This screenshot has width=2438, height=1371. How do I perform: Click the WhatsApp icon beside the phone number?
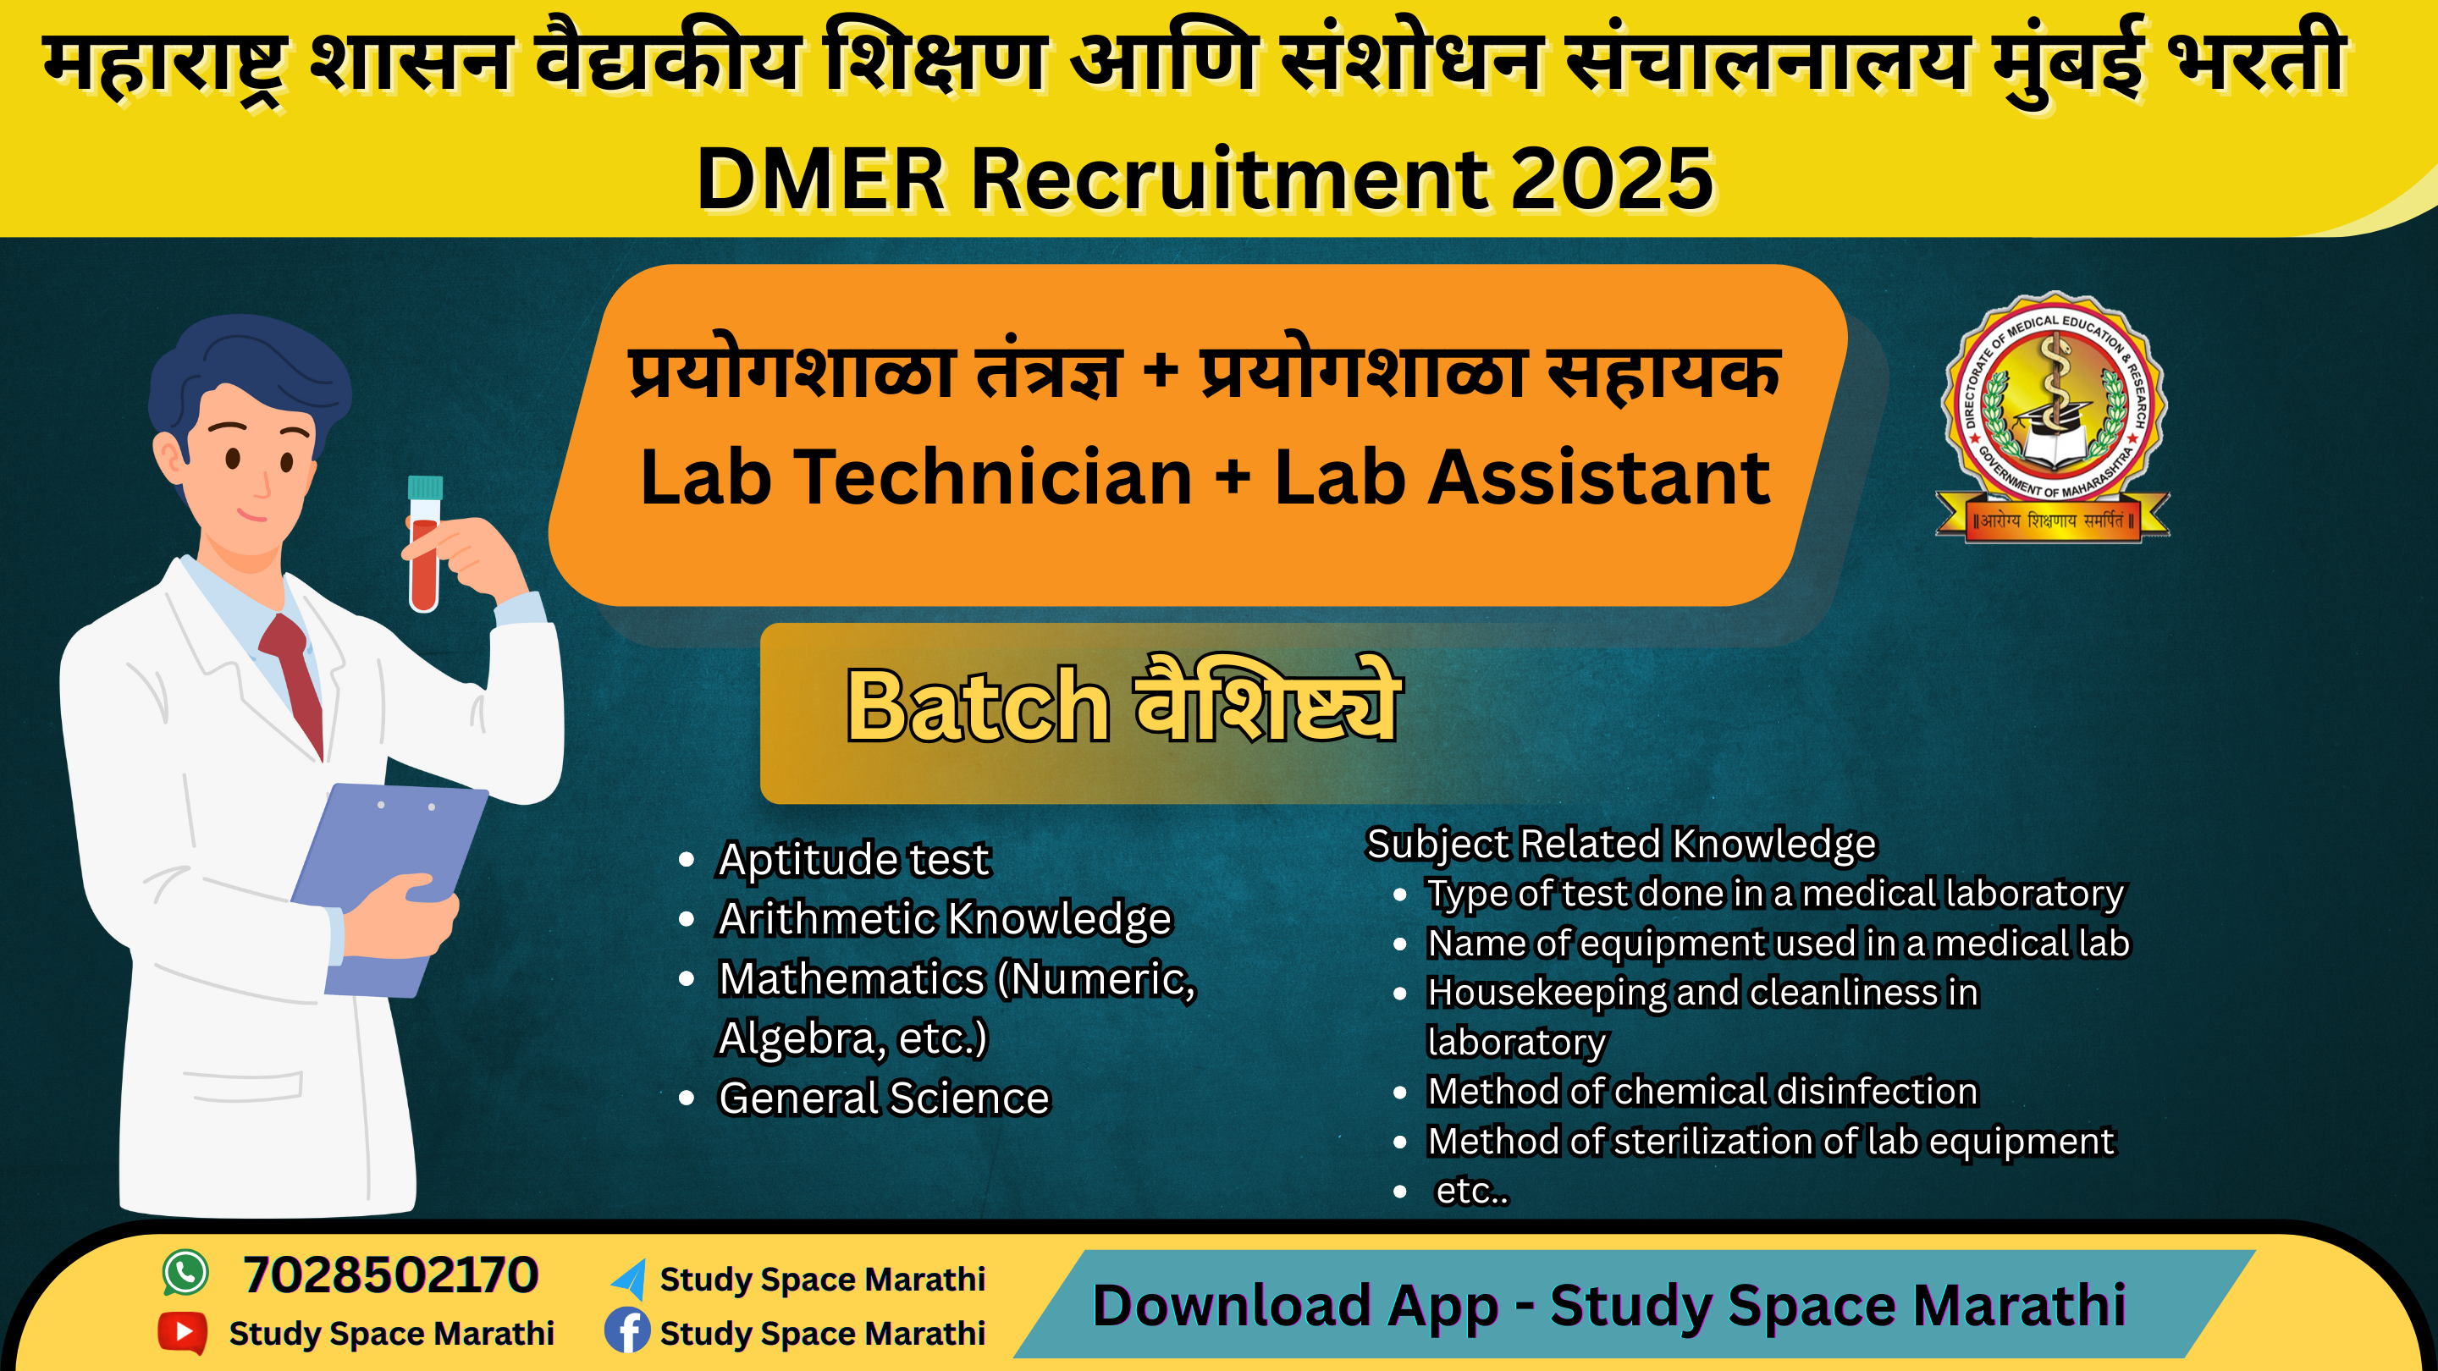(185, 1273)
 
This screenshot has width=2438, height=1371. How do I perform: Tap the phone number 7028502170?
(391, 1275)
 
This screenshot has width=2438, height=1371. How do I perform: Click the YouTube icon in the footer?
(183, 1332)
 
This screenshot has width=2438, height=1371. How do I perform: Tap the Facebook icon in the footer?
(627, 1330)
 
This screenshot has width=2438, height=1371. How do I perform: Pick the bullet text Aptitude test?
(853, 859)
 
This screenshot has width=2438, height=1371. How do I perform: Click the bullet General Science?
(884, 1098)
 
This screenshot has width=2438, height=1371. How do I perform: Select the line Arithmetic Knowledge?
(945, 919)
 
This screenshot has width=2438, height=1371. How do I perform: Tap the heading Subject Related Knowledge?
(1620, 844)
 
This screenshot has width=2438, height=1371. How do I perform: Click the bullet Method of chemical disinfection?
(1702, 1091)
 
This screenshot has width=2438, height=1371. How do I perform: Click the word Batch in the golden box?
(977, 705)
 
